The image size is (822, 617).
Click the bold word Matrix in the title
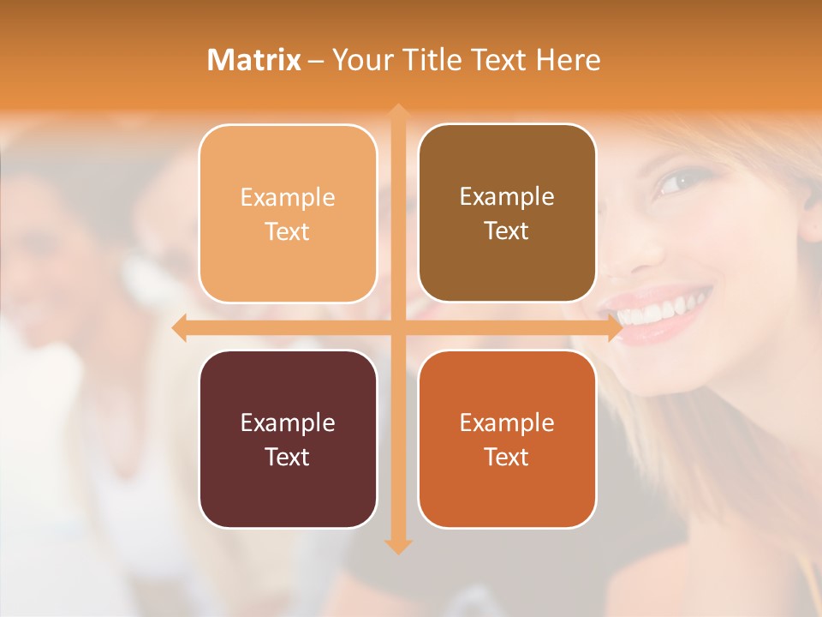pyautogui.click(x=254, y=60)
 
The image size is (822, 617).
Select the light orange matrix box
pyautogui.click(x=288, y=214)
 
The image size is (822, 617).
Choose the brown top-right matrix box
pyautogui.click(x=507, y=213)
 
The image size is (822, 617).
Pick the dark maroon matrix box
pyautogui.click(x=288, y=439)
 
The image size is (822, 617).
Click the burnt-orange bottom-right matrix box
pyautogui.click(x=507, y=439)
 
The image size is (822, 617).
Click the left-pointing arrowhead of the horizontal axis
pyautogui.click(x=180, y=327)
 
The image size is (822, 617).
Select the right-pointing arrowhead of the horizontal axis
pyautogui.click(x=614, y=327)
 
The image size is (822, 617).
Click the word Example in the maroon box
pyautogui.click(x=288, y=422)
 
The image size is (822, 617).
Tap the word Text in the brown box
pyautogui.click(x=507, y=231)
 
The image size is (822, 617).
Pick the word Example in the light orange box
pyautogui.click(x=288, y=198)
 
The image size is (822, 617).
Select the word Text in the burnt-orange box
pyautogui.click(x=507, y=457)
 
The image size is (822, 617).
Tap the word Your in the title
pyautogui.click(x=359, y=60)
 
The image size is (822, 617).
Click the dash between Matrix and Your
pyautogui.click(x=316, y=61)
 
